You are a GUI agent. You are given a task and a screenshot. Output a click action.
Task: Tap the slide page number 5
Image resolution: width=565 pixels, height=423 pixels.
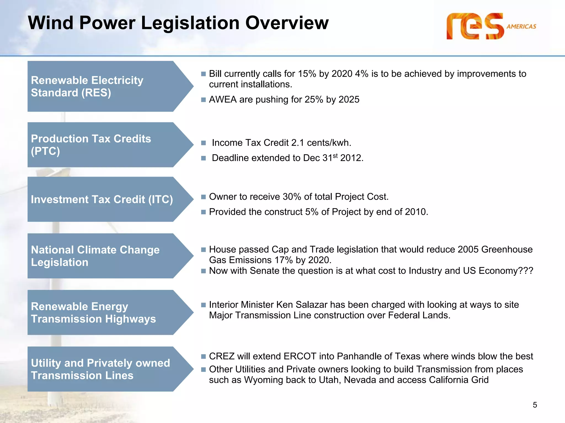535,405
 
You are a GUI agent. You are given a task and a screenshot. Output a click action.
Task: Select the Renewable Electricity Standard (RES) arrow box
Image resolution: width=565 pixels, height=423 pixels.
105,86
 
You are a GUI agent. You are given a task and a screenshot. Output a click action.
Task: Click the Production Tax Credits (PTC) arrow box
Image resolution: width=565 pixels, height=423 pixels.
105,145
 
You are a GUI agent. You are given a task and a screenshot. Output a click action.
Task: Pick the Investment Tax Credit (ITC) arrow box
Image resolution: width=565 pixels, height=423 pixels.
105,199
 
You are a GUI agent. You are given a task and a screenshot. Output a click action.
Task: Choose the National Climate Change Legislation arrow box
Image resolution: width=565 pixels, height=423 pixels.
105,256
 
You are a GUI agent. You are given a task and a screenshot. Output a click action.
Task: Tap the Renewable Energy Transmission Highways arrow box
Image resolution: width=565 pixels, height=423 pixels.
105,312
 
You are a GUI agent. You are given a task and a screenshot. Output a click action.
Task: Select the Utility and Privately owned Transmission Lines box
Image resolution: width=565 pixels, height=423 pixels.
105,369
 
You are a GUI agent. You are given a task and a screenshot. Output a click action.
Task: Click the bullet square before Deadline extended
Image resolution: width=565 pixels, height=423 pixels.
203,158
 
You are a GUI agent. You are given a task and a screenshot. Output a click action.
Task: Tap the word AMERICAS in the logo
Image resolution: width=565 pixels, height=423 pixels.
521,26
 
